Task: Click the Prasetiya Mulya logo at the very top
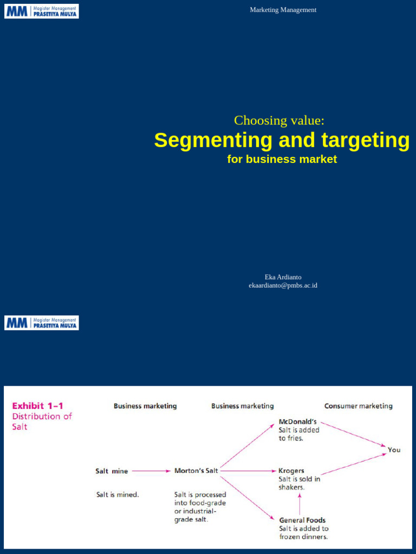(42, 11)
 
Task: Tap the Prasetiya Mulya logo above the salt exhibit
(42, 323)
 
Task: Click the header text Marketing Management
(283, 10)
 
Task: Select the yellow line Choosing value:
(279, 120)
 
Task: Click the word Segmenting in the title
(213, 140)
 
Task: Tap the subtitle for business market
(282, 159)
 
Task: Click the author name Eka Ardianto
(283, 277)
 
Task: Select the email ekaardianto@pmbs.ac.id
(283, 285)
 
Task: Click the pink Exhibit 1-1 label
(37, 405)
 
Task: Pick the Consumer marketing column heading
(358, 406)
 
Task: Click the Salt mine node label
(112, 471)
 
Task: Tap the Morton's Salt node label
(196, 471)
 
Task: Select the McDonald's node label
(297, 421)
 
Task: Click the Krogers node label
(291, 471)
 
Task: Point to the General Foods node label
(302, 520)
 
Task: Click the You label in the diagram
(394, 450)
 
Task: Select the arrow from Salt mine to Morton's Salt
(151, 471)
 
